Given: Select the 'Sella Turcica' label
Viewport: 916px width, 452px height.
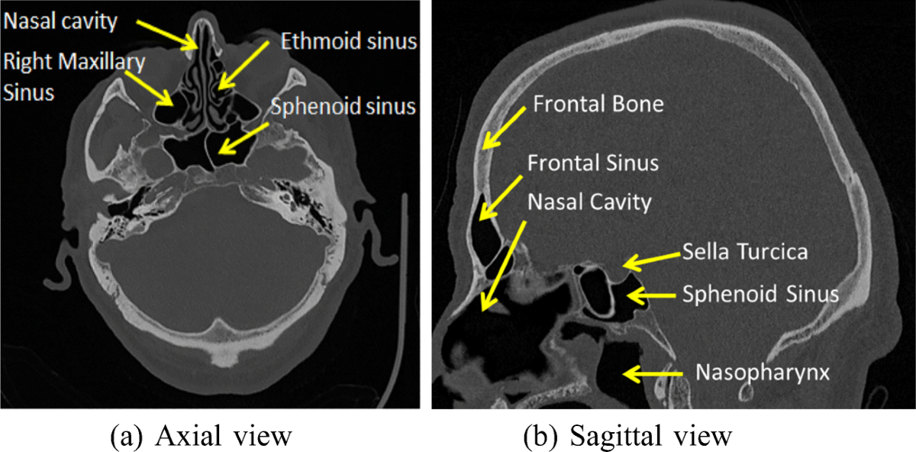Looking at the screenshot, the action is (x=744, y=251).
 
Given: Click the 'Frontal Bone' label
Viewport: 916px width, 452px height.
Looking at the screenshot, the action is (x=598, y=104).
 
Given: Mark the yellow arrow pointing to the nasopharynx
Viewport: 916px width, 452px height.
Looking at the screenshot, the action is (x=653, y=373).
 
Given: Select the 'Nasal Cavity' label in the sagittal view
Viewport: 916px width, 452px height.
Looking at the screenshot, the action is (x=589, y=202).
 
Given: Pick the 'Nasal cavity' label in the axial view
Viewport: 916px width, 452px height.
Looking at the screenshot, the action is (x=61, y=21).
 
